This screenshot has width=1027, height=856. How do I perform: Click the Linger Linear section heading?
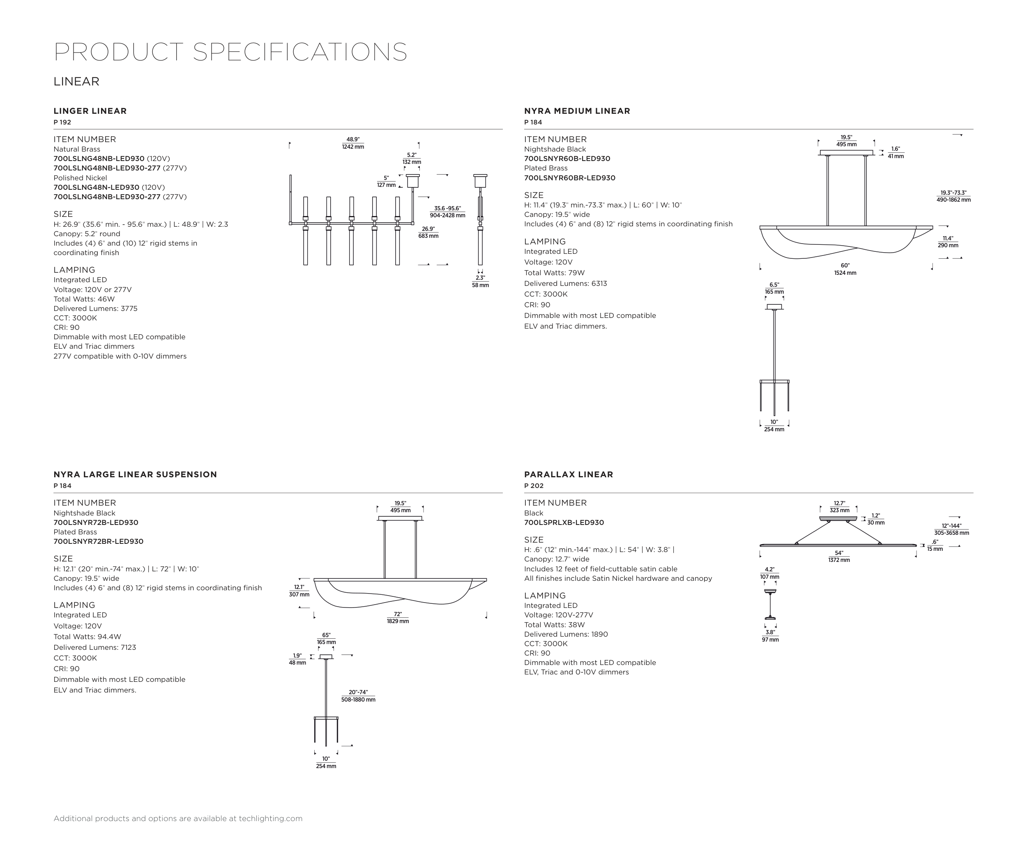90,111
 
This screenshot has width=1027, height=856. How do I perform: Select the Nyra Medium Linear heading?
577,111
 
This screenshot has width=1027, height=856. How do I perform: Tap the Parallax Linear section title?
568,474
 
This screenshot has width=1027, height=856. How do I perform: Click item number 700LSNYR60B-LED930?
567,159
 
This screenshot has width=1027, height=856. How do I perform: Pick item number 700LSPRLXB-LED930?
564,522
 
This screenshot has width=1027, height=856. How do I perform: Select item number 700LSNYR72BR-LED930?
98,542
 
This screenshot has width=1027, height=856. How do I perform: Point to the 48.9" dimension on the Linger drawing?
352,140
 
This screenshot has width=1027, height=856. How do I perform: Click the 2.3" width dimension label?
480,278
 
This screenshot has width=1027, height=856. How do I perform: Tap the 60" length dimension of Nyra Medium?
845,265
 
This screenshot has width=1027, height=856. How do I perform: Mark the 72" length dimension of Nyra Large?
398,614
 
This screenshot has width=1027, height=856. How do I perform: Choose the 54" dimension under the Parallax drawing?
839,553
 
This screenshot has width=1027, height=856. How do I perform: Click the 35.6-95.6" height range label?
447,208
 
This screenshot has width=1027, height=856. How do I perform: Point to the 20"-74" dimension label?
358,692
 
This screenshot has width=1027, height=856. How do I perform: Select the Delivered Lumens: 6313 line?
565,283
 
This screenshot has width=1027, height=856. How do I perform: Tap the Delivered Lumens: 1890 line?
566,634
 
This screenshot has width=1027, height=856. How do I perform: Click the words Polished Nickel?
80,178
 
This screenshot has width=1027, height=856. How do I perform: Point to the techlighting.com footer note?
178,818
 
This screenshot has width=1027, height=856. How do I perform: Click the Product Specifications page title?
230,52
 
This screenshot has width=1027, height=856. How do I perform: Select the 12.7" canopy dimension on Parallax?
839,504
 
